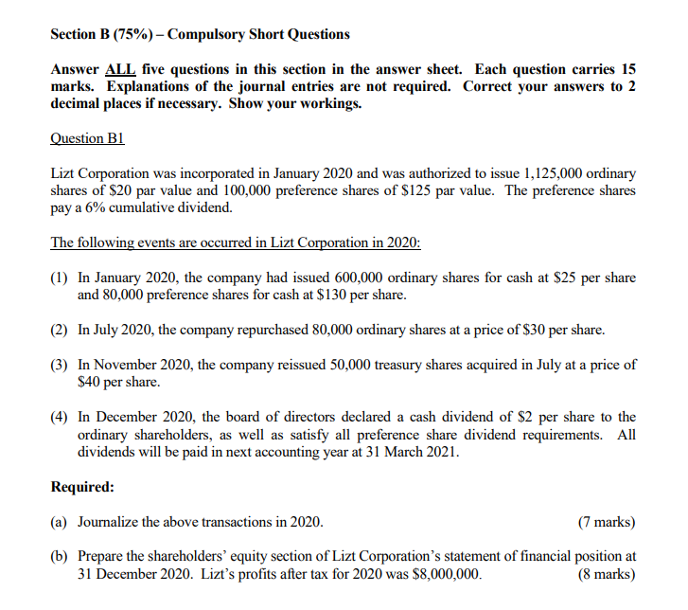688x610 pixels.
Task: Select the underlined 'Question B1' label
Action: point(87,138)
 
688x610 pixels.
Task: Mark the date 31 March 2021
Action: point(412,451)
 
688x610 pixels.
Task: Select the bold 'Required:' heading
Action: point(81,487)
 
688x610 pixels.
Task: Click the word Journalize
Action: point(110,522)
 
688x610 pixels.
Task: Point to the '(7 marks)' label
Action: point(606,522)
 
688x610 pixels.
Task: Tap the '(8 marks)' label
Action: point(606,574)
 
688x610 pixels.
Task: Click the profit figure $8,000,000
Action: point(445,574)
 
